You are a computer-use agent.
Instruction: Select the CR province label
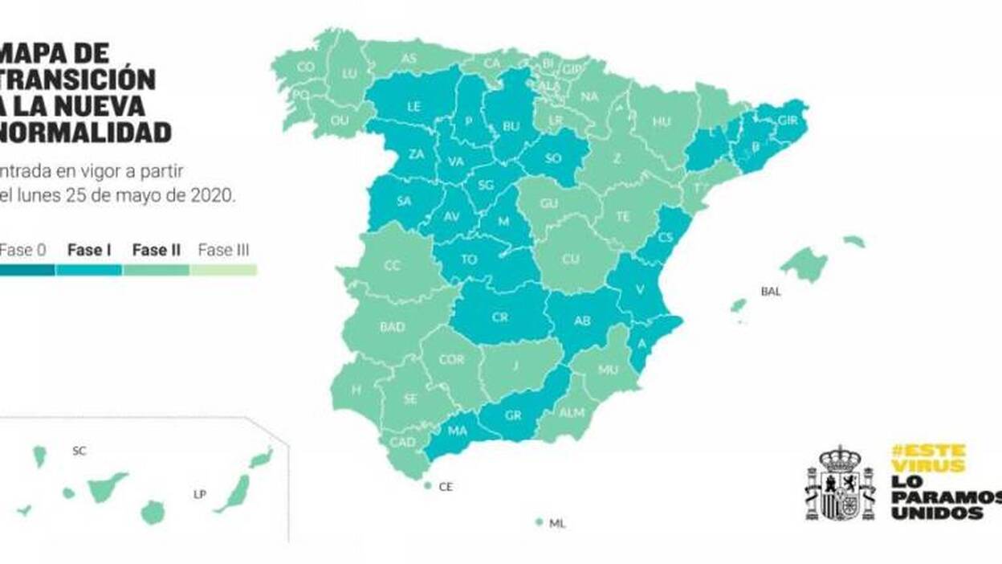(499, 317)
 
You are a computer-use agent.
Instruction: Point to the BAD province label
(392, 327)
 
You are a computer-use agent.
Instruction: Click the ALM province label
(572, 412)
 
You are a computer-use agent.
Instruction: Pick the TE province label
(624, 216)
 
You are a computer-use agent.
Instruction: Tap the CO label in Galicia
(305, 67)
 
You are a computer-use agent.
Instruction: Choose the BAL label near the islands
(770, 292)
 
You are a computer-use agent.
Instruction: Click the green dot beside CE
(427, 485)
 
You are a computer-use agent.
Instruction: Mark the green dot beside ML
(540, 522)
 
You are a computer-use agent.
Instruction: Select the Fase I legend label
(89, 250)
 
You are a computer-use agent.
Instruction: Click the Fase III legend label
(223, 250)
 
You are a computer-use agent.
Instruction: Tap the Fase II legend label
(156, 250)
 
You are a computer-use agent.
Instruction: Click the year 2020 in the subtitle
(212, 194)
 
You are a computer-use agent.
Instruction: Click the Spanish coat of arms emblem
(840, 484)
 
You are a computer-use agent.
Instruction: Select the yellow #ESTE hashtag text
(929, 449)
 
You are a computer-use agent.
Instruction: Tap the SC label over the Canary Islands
(79, 451)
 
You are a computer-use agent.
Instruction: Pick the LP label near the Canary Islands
(199, 494)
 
